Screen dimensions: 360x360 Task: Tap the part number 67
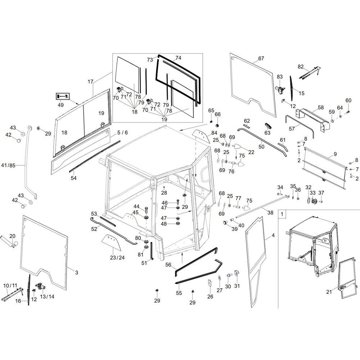pos(261,59)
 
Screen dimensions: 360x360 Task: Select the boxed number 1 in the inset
pos(282,214)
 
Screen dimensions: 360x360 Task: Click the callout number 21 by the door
pos(329,292)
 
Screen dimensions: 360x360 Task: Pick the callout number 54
pos(73,178)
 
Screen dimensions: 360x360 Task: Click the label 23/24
pos(117,258)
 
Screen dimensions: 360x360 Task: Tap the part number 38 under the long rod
pos(270,213)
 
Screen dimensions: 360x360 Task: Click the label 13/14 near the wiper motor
pos(47,297)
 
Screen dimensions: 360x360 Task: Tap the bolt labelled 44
pos(147,210)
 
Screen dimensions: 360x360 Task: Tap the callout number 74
pos(178,58)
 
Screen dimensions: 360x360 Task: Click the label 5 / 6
pos(122,133)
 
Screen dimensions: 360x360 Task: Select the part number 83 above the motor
pos(280,77)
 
